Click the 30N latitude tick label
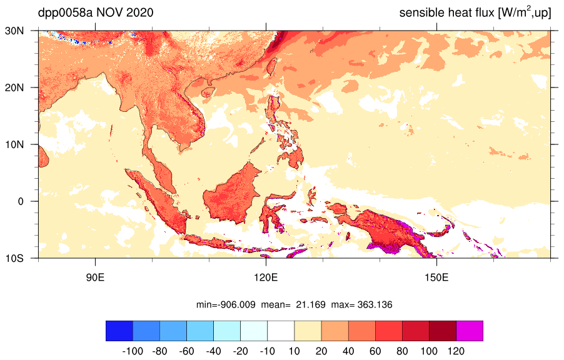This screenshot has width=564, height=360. click(14, 31)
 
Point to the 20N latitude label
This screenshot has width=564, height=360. click(14, 87)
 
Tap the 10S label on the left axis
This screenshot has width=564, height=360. click(14, 258)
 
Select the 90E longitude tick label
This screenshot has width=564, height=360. click(95, 277)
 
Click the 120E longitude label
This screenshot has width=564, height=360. click(266, 277)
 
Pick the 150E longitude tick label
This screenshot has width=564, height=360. click(436, 277)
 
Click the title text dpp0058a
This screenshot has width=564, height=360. click(65, 13)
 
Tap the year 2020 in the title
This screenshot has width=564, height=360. click(139, 12)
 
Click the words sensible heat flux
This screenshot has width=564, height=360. click(446, 13)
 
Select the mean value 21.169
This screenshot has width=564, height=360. click(310, 305)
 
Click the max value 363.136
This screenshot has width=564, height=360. click(375, 305)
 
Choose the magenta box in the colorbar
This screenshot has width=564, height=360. click(470, 331)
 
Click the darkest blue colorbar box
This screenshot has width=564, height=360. click(119, 331)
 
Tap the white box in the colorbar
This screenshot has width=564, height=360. click(281, 331)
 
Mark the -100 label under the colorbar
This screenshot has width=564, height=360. click(133, 351)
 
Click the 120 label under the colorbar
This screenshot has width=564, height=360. click(456, 351)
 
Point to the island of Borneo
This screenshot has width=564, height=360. click(232, 194)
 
